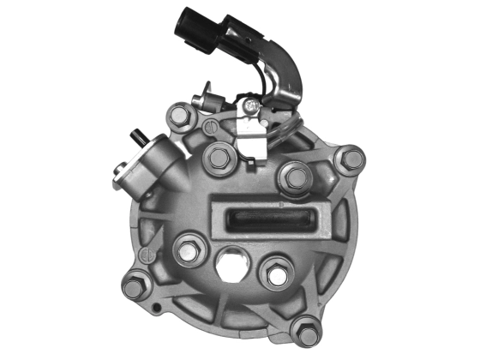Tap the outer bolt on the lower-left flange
tap(136, 284)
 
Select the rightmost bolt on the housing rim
tap(350, 159)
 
